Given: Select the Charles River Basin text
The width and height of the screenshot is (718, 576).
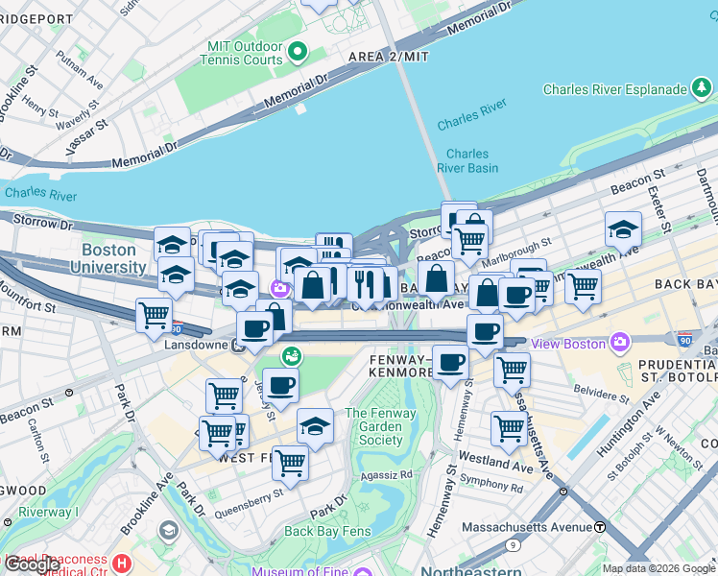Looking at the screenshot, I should pos(467,160).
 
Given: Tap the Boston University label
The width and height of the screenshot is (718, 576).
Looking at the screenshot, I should pos(108,259).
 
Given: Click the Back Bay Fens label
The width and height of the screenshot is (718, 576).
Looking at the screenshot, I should pos(326,531).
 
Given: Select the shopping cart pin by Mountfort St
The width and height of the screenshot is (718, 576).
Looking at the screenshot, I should pos(154,314).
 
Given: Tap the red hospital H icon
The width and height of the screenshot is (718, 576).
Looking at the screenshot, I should pos(121,563).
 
